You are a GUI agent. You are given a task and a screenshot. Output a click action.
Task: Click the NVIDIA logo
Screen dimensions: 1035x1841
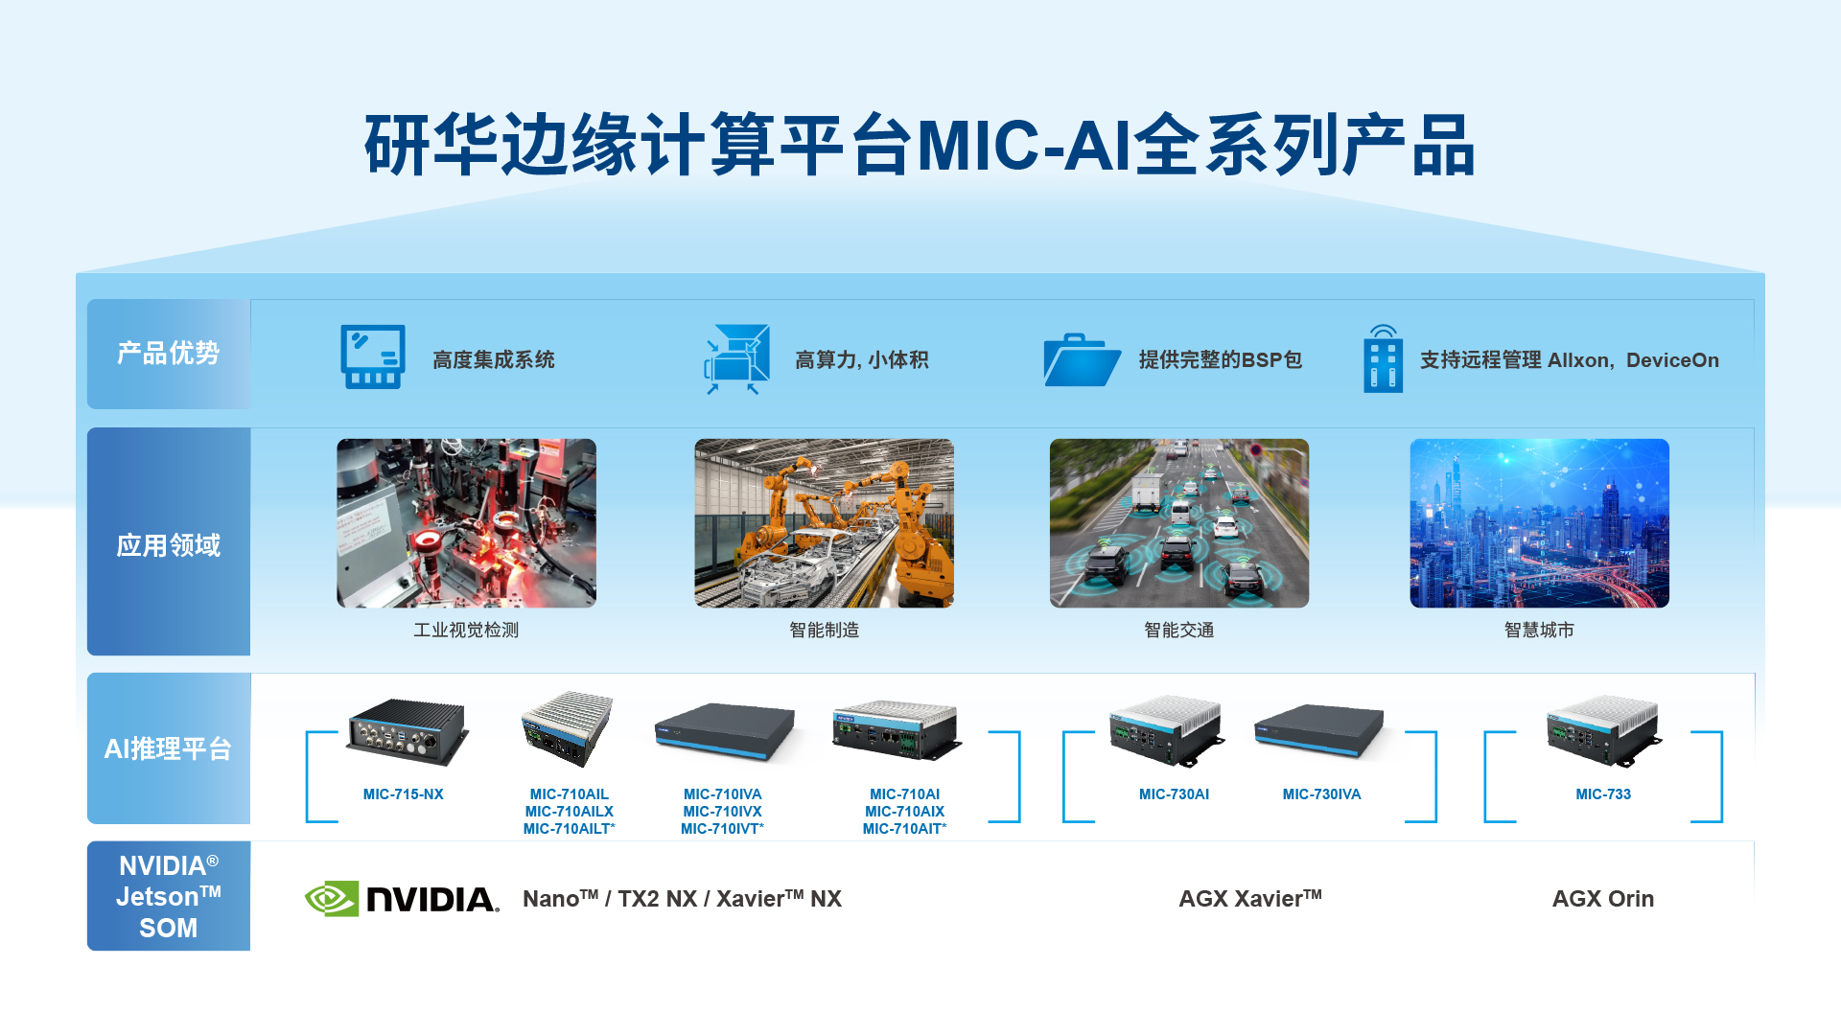pyautogui.click(x=402, y=899)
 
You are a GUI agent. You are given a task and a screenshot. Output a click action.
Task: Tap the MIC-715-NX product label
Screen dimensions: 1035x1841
pyautogui.click(x=403, y=794)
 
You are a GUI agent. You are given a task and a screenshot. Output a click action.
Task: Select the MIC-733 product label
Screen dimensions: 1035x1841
pyautogui.click(x=1602, y=794)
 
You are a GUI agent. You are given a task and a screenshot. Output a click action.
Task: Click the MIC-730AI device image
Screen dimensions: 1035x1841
pyautogui.click(x=1166, y=731)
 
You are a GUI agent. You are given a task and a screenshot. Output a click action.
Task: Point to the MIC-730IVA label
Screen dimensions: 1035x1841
pyautogui.click(x=1321, y=794)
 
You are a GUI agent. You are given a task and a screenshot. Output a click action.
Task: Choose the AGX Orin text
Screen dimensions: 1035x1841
pyautogui.click(x=1602, y=899)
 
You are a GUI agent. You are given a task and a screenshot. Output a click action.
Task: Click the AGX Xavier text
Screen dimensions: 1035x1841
pyautogui.click(x=1249, y=899)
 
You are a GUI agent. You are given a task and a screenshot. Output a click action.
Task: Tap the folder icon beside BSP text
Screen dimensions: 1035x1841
pyautogui.click(x=1082, y=360)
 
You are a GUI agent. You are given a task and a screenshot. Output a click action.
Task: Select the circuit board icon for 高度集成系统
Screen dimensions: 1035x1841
pyautogui.click(x=373, y=356)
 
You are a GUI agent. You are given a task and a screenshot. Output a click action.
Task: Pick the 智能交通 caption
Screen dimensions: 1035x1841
pyautogui.click(x=1178, y=630)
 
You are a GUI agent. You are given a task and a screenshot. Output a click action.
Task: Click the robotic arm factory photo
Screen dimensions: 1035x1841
pyautogui.click(x=824, y=523)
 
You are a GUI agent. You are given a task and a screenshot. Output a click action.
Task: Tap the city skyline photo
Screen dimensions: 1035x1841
pyautogui.click(x=1539, y=523)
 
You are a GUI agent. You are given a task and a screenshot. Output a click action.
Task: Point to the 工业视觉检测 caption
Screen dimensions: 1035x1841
pyautogui.click(x=466, y=630)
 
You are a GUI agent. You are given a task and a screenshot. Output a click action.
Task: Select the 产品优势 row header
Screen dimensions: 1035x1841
pyautogui.click(x=169, y=354)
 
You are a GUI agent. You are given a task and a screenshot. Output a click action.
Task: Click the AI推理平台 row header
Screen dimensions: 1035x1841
pyautogui.click(x=169, y=748)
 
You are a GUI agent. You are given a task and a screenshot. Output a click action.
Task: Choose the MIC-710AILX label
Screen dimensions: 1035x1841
pyautogui.click(x=569, y=812)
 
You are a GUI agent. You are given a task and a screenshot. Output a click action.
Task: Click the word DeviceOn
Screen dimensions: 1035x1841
pyautogui.click(x=1672, y=360)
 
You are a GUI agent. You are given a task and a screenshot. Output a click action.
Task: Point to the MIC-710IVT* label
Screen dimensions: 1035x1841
pyautogui.click(x=722, y=829)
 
